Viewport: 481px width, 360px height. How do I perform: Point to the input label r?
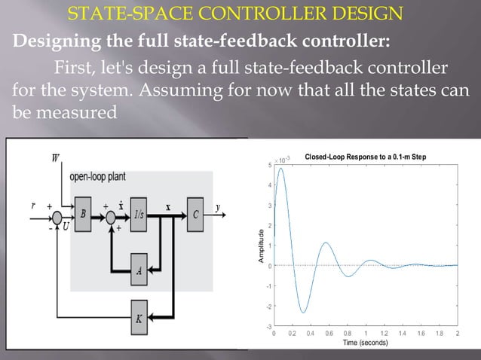[32, 205]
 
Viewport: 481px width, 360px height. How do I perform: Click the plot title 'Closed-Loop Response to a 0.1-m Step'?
[365, 157]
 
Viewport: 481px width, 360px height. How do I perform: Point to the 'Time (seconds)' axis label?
[366, 342]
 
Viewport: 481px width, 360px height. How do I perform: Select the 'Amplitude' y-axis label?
[261, 246]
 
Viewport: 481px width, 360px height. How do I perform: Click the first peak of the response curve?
[281, 169]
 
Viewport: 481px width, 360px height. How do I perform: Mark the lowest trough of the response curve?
[303, 312]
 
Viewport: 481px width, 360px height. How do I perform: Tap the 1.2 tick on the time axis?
[384, 332]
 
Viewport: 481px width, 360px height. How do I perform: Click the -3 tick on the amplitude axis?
[269, 326]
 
